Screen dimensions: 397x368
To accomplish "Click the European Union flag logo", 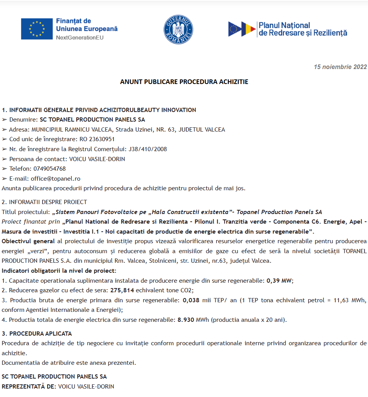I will (37, 29).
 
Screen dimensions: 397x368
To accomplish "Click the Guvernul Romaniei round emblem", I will (178, 29).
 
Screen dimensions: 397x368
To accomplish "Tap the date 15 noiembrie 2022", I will (340, 67).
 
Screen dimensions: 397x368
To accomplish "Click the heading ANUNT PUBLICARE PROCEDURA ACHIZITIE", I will (184, 82).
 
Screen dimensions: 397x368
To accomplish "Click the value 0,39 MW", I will (279, 280).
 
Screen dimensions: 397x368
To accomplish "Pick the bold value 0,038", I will (191, 300).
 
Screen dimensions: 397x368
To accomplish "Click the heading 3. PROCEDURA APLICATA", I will (37, 333).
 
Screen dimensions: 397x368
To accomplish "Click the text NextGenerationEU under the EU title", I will (80, 38).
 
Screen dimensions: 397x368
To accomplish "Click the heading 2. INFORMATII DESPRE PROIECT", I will (44, 202).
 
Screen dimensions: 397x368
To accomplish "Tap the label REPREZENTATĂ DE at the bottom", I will (29, 386).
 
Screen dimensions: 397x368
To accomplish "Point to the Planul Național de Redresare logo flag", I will (242, 29).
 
